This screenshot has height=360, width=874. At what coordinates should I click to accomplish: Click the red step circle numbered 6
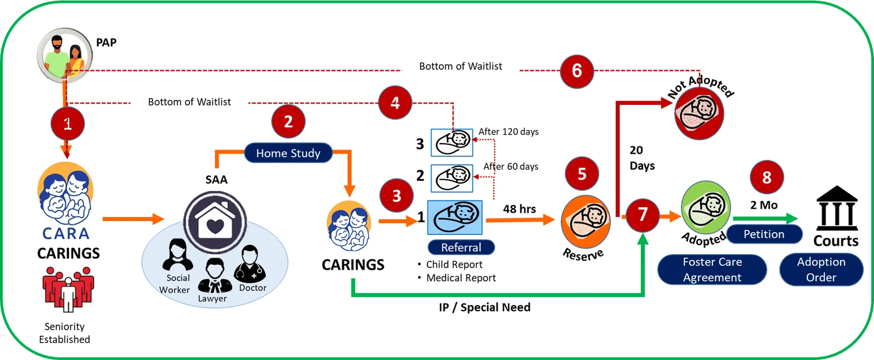tap(577, 71)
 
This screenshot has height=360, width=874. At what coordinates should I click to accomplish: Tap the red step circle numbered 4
tap(395, 103)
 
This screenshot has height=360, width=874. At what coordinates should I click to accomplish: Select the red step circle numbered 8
tap(767, 177)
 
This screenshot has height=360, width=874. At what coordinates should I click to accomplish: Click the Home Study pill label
tap(288, 153)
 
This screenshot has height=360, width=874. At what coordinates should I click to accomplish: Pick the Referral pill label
tap(461, 247)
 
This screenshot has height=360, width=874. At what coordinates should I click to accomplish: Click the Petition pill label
tap(764, 234)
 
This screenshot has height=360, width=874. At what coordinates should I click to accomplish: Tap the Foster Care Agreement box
tap(712, 269)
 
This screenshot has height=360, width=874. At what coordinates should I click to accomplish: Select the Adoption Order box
tap(822, 269)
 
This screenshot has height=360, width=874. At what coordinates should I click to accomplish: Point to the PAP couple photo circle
tap(65, 55)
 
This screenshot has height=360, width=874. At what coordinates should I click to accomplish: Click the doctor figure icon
tap(250, 264)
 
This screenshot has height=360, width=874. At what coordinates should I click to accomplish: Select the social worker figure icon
tap(178, 255)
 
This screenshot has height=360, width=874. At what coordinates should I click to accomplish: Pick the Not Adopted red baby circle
tap(699, 114)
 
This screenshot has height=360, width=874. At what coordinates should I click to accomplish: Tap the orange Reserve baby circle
tap(586, 222)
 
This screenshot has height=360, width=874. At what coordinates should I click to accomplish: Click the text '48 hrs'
tap(519, 209)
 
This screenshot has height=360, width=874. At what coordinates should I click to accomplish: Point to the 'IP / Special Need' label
tap(485, 308)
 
